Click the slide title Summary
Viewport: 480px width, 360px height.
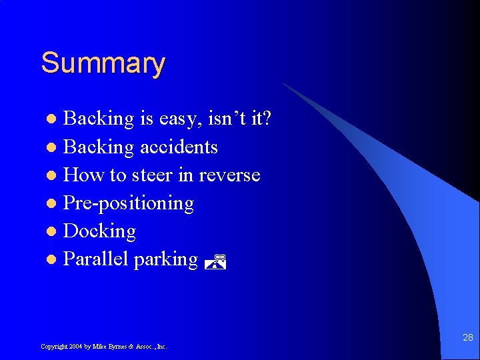pyautogui.click(x=103, y=64)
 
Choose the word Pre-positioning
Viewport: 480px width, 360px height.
pyautogui.click(x=128, y=203)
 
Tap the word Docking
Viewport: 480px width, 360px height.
pyautogui.click(x=99, y=231)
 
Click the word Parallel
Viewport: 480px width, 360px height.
pyautogui.click(x=96, y=259)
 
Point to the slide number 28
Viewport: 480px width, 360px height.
pyautogui.click(x=467, y=339)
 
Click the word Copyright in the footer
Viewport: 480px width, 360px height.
pyautogui.click(x=54, y=347)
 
